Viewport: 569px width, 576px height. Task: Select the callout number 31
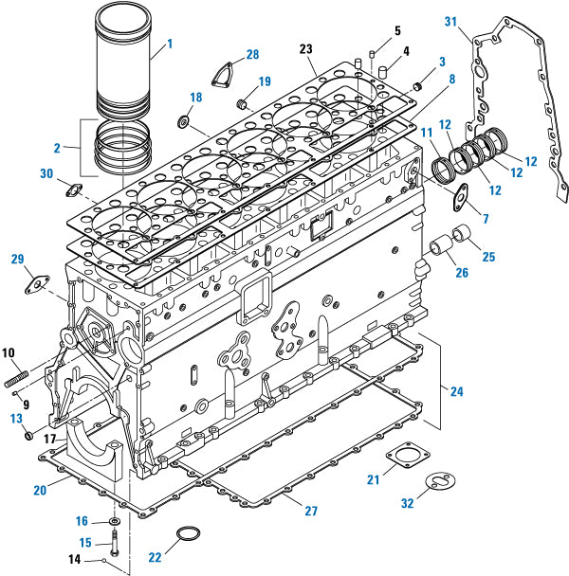click(x=450, y=22)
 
